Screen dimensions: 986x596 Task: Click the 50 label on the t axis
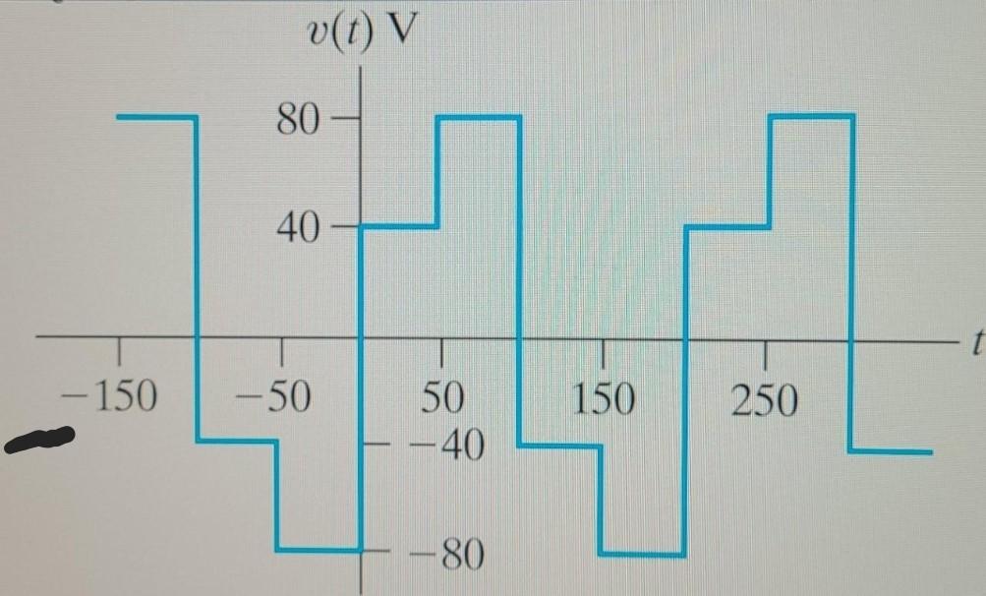pos(442,397)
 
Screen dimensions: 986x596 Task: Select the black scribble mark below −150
pos(39,440)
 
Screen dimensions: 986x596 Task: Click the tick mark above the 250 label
pos(764,351)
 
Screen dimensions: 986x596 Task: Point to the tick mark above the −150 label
pos(120,349)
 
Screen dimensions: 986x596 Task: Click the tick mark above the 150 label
pos(603,351)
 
